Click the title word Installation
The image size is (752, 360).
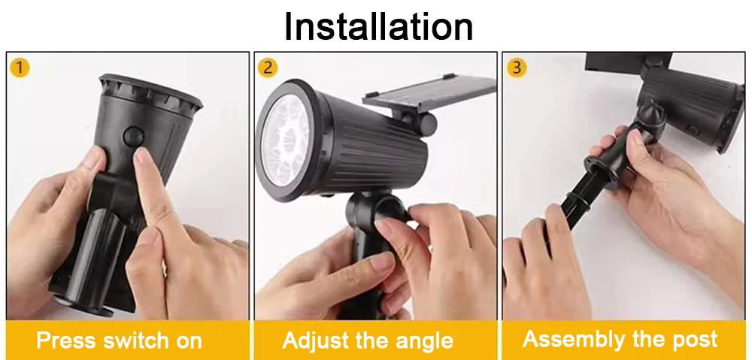pos(378,26)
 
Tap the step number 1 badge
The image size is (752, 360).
pos(20,68)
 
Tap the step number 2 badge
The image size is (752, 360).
pos(268,68)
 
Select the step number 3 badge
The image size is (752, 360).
pos(516,68)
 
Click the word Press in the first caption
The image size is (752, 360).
pos(65,340)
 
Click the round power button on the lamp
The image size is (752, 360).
pos(133,137)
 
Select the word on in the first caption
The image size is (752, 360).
pos(189,340)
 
